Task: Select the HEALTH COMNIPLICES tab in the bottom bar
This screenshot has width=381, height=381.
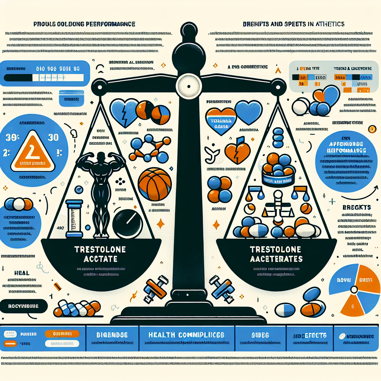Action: [x=186, y=335]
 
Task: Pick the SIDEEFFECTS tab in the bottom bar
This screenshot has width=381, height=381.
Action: [x=309, y=335]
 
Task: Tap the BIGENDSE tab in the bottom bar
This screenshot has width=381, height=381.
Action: [x=112, y=335]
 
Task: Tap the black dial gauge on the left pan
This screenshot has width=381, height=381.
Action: [x=128, y=224]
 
